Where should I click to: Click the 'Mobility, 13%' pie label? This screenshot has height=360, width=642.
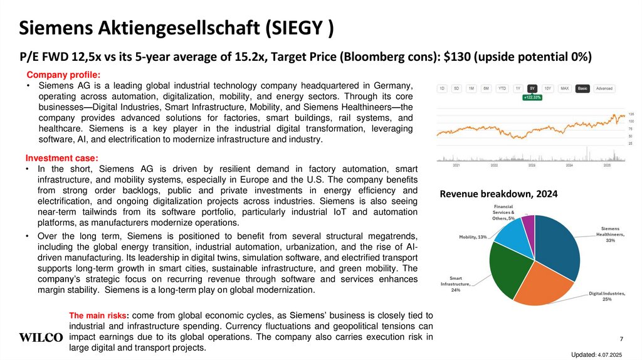tap(473, 237)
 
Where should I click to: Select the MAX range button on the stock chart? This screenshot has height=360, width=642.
tap(564, 88)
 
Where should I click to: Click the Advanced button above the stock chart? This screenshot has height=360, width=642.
tap(604, 88)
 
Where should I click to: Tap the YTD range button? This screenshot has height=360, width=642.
tap(502, 88)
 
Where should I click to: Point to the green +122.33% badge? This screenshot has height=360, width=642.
tap(532, 97)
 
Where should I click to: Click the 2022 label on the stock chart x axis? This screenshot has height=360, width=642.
tap(494, 166)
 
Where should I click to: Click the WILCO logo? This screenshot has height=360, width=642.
tap(41, 337)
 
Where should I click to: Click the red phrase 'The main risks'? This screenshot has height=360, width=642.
tap(98, 315)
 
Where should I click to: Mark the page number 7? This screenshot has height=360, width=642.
tap(621, 339)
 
